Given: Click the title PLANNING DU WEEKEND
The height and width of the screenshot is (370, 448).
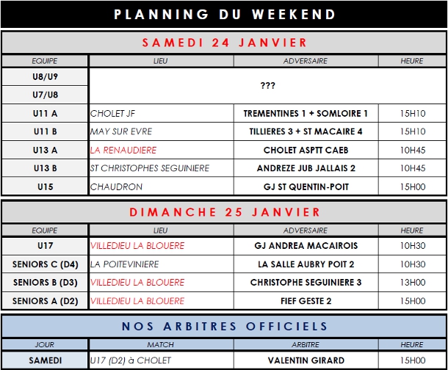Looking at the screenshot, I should tap(225, 14).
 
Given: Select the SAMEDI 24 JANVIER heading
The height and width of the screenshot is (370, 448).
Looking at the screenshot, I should tap(225, 42).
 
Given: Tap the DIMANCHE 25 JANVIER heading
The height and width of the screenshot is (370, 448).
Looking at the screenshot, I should tap(225, 212).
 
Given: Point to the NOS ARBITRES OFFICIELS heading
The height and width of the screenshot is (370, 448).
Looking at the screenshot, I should tap(225, 326).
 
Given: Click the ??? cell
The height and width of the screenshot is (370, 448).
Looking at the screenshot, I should tap(267, 86).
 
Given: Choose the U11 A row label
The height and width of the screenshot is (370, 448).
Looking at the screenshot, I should tap(45, 114).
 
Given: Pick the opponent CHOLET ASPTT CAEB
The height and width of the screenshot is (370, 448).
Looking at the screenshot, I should tap(306, 150).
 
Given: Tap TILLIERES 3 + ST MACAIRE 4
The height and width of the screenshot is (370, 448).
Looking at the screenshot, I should tap(306, 132).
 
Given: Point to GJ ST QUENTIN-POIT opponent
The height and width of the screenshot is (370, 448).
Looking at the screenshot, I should tap(306, 187).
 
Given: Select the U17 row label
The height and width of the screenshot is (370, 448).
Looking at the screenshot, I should tap(45, 245).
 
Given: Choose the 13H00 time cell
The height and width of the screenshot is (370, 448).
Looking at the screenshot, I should tap(412, 282).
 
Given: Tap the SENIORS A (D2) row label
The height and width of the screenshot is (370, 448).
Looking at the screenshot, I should tap(45, 300).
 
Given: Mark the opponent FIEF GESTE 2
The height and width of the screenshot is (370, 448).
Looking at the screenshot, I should tap(306, 300).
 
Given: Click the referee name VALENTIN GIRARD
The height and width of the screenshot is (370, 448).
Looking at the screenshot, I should tap(306, 360).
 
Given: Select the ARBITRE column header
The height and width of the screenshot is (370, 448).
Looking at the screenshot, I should tap(306, 344).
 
